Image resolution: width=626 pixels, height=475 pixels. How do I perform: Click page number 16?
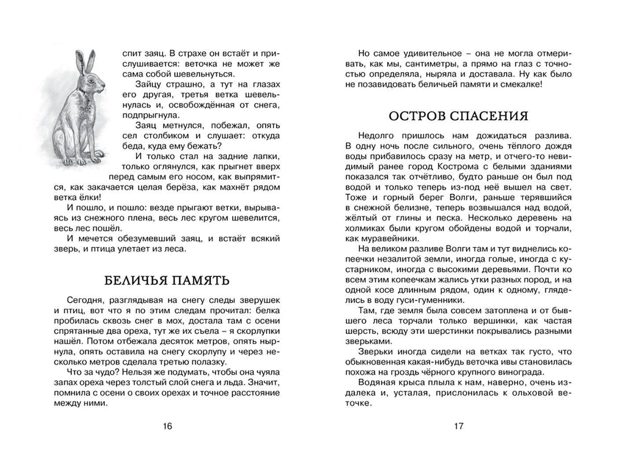[167, 426]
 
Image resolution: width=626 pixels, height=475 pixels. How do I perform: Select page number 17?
[458, 426]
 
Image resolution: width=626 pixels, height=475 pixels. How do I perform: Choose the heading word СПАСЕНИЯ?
[494, 116]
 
